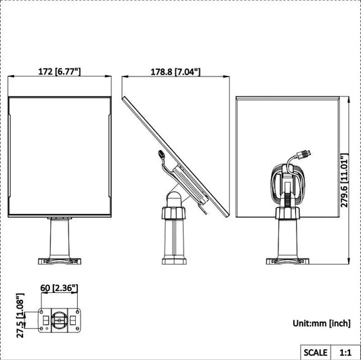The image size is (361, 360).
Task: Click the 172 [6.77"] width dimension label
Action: (x=58, y=71)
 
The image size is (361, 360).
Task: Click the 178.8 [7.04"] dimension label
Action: (x=175, y=71)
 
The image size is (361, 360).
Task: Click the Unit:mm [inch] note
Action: (x=321, y=324)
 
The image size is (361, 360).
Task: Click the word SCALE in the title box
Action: (x=315, y=352)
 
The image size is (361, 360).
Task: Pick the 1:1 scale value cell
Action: (x=345, y=352)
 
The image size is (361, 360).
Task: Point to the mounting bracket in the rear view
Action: (x=288, y=183)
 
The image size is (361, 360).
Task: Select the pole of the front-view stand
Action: (x=60, y=237)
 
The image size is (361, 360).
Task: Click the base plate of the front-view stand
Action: (x=60, y=259)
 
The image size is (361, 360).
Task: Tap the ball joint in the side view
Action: (x=173, y=198)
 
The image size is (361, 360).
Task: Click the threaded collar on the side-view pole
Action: (x=173, y=215)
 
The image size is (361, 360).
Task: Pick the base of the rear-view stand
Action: (x=288, y=260)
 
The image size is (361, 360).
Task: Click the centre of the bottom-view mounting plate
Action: (x=59, y=319)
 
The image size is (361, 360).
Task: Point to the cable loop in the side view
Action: (x=163, y=157)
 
